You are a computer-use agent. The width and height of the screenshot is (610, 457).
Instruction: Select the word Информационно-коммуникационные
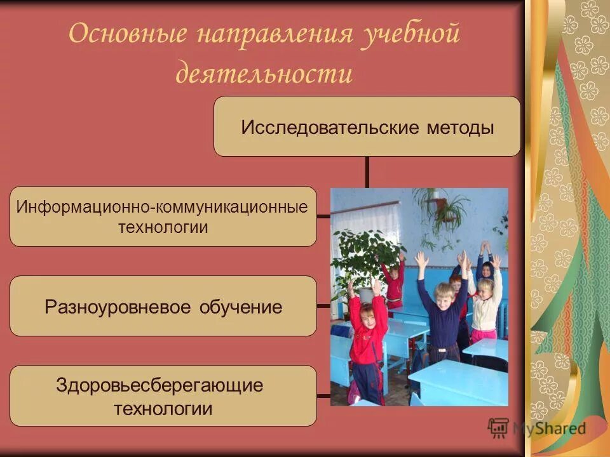pyautogui.click(x=162, y=207)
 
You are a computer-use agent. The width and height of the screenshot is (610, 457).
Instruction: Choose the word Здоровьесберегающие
pyautogui.click(x=159, y=385)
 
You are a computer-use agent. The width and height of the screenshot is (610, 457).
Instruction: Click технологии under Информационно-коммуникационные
pyautogui.click(x=163, y=227)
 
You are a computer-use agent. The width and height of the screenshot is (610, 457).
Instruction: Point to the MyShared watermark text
pyautogui.click(x=549, y=428)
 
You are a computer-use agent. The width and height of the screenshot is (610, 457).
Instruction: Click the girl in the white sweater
pyautogui.click(x=485, y=305)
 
